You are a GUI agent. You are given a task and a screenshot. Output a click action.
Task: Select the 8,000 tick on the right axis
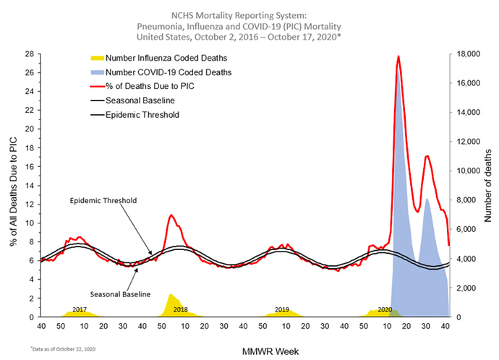[x=464, y=200]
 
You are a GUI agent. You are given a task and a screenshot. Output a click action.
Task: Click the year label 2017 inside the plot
[x=80, y=309]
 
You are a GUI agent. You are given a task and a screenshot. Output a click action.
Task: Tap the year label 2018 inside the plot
[x=181, y=309]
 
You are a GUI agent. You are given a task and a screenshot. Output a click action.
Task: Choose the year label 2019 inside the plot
[x=282, y=309]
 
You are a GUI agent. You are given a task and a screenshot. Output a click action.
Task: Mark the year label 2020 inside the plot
[x=384, y=309]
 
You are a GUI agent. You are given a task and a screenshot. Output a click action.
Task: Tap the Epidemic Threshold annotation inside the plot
[x=103, y=200]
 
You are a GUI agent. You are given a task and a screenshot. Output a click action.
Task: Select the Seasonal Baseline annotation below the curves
[x=119, y=294]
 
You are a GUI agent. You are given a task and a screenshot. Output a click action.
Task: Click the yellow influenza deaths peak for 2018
[x=171, y=295]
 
